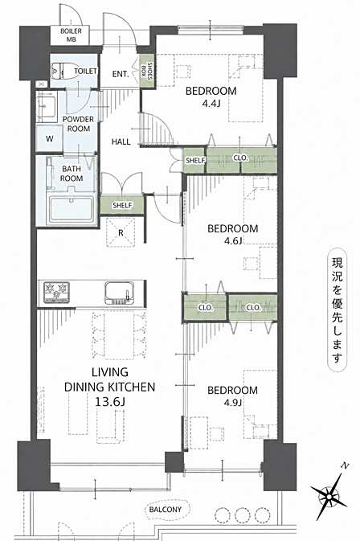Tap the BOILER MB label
point(71,35)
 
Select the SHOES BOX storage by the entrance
point(147,71)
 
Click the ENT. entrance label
point(121,74)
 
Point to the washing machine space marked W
point(49,139)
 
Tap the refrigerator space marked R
point(121,232)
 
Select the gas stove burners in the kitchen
point(56,293)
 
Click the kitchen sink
point(119,293)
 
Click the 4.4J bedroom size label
point(211,103)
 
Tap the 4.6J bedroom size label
point(233,240)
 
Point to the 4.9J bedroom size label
point(233,402)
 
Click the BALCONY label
point(166,510)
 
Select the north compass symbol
point(329,496)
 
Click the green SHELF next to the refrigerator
point(122,205)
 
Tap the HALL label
point(121,141)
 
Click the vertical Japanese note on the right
point(337,309)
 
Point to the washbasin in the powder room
point(47,106)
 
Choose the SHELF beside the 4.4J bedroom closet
point(194,161)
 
